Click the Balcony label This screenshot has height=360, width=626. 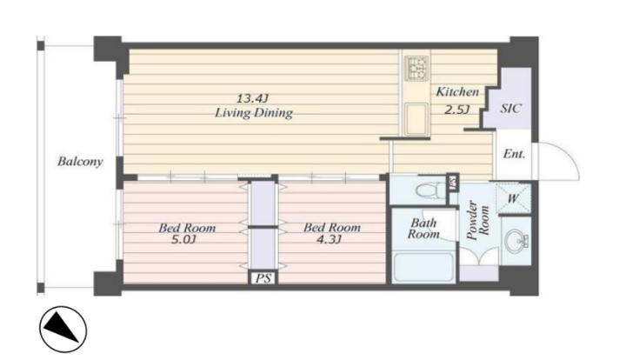click(x=80, y=162)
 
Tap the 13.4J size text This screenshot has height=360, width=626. click(x=252, y=98)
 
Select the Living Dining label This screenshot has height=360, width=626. click(x=254, y=113)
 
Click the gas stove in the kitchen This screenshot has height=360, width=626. click(x=416, y=68)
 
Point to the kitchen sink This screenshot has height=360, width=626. click(x=416, y=119)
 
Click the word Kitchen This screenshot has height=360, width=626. click(x=457, y=92)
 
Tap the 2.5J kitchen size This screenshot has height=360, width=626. click(x=456, y=109)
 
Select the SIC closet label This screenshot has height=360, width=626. click(x=511, y=109)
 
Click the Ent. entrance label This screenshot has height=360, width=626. click(x=514, y=154)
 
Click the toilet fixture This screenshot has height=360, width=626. click(x=430, y=190)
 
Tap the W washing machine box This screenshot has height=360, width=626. click(x=513, y=198)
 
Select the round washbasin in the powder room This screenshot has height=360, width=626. click(x=514, y=240)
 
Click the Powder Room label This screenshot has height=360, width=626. click(x=478, y=222)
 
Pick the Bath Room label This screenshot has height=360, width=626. click(x=423, y=229)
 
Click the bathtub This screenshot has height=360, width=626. click(x=423, y=267)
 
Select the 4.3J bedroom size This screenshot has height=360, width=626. click(x=329, y=240)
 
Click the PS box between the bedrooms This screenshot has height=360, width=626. click(x=263, y=277)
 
